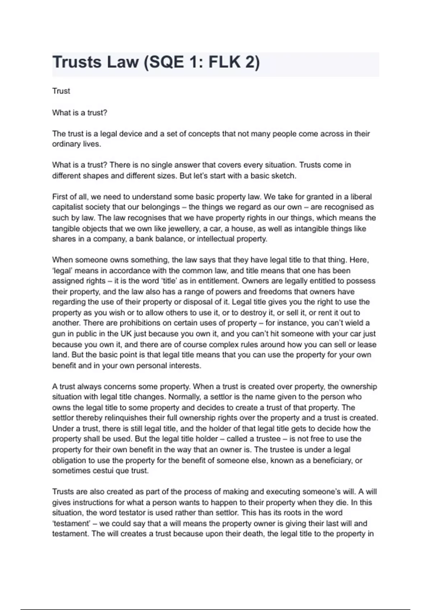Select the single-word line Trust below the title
click(61, 91)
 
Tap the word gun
click(58, 334)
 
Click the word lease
click(367, 344)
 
